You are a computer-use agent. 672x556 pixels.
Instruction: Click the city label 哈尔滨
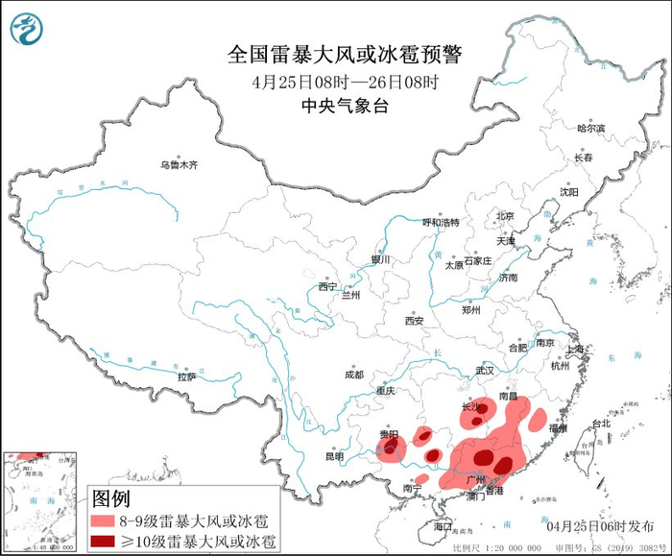[x=591, y=128]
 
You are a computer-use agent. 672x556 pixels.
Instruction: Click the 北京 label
[x=505, y=216]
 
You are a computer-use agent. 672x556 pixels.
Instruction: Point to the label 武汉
[x=483, y=370]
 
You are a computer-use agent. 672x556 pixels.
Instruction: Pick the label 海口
[x=442, y=526]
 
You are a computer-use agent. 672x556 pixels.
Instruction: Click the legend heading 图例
[x=110, y=498]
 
